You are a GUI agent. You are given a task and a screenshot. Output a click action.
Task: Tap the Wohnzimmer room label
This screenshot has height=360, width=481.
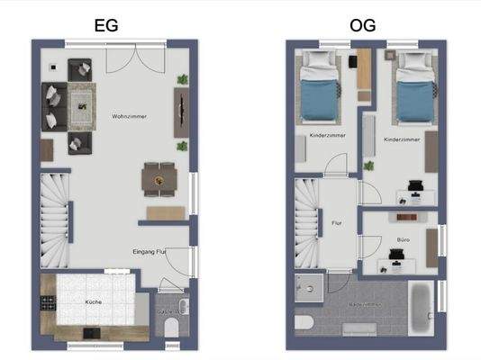click(130, 117)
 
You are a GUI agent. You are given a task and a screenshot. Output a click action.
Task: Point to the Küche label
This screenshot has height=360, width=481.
click(94, 303)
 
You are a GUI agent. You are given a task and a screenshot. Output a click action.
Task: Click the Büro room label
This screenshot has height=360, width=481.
click(403, 240)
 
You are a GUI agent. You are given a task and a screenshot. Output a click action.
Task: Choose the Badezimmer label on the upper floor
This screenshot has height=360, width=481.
click(365, 306)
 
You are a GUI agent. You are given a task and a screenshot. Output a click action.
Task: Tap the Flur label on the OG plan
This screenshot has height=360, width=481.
click(337, 221)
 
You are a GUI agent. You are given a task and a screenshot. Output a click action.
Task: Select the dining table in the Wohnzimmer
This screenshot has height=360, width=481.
click(160, 177)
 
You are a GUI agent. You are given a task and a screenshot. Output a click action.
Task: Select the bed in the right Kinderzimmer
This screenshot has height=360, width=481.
click(413, 86)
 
